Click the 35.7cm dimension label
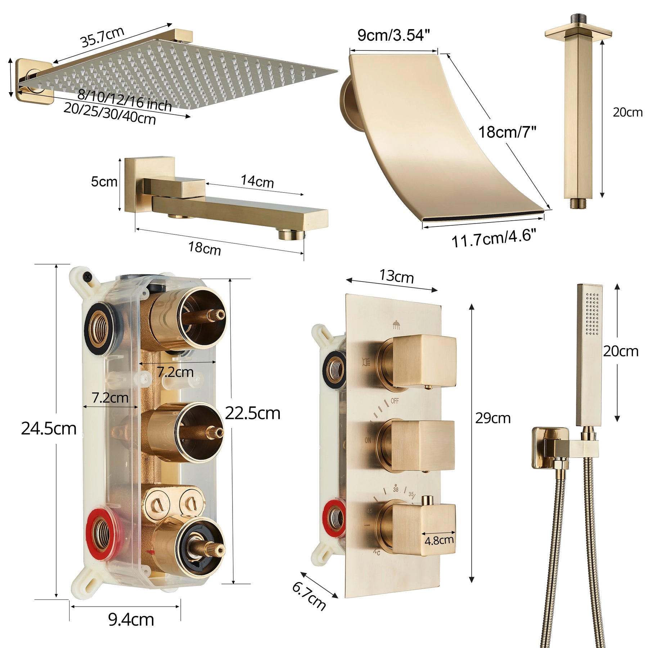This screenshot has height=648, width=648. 103,37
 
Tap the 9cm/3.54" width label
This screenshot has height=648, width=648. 393,35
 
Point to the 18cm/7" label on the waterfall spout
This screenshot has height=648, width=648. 507,132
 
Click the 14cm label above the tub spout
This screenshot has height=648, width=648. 257,181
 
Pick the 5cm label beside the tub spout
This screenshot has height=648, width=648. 104,181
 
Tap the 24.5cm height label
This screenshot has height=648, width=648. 49,428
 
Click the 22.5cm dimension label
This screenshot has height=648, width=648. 253,413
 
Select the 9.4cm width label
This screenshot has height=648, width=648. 131,620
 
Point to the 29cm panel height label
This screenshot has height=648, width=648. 493,418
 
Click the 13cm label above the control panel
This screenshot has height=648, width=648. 396,276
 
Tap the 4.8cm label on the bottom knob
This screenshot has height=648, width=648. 439,540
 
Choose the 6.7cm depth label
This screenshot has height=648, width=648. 309,596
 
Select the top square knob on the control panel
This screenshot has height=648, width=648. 424,361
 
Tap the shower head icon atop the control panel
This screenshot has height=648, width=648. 396,324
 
